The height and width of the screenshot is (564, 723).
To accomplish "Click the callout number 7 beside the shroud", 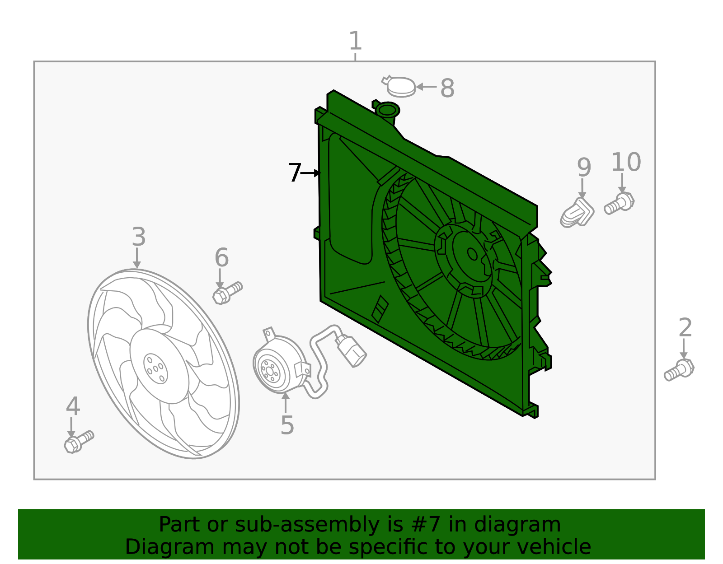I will pos(295,172).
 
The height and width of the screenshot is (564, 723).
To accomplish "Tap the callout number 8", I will pos(447,88).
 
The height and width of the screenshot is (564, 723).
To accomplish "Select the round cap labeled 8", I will pos(401,87).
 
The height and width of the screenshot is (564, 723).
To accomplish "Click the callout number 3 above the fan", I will pos(139,237).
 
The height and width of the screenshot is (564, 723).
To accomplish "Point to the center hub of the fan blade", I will pos(155,368).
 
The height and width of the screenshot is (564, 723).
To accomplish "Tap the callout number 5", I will pos(287,425).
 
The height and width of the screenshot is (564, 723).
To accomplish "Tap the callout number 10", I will pos(626,162).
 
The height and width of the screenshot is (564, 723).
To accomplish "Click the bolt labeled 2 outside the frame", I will pos(679,370).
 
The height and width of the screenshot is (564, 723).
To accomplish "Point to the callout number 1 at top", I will pos(356,41).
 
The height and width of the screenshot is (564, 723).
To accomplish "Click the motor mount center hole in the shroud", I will pos(472,254).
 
